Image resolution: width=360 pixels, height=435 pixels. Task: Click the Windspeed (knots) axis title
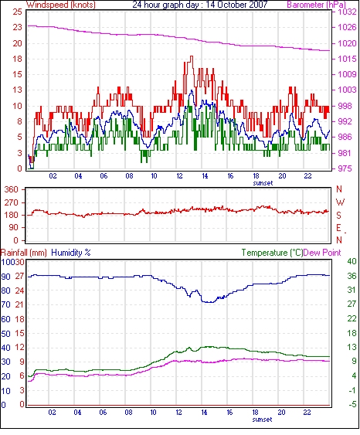coord(61,5)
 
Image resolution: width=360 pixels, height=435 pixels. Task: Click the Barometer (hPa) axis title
coord(316,5)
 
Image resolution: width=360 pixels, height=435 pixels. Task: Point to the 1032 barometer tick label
coord(347,12)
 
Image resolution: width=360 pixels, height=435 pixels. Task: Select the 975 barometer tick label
coord(345,168)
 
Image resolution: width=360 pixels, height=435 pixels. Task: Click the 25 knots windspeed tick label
coord(17,12)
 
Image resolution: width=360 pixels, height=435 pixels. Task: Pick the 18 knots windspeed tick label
coord(17,59)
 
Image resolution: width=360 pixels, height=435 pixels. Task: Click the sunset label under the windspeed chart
coord(263,183)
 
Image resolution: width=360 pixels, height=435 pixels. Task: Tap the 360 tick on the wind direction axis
coord(12,189)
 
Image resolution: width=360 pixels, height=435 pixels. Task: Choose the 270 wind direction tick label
coord(12,202)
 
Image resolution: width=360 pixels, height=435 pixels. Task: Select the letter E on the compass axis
coord(338,228)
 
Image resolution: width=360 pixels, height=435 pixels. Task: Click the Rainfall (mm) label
coord(24,253)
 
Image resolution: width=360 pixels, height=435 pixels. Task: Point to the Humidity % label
coord(71,253)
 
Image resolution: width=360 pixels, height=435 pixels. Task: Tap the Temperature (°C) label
coord(272,253)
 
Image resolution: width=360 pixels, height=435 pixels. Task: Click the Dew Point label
coord(322,253)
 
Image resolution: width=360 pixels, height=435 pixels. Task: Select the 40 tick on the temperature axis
coord(352,261)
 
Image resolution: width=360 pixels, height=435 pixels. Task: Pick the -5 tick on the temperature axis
coord(352,404)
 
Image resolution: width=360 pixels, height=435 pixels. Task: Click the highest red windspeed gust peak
coord(192,56)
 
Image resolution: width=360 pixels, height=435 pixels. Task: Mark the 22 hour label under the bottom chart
coord(307,413)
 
